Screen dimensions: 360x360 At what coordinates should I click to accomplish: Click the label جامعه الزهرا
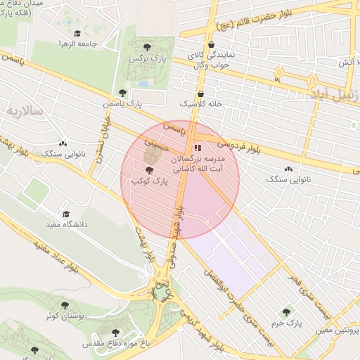[77, 44]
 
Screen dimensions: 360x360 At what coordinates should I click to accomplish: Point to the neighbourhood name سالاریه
[25, 111]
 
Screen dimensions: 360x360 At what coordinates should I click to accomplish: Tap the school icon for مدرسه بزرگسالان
[198, 148]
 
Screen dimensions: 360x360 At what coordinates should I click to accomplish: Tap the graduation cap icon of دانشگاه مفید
[66, 214]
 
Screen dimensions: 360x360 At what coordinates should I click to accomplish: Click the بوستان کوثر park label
[65, 316]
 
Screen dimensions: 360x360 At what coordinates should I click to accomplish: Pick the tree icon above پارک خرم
[286, 311]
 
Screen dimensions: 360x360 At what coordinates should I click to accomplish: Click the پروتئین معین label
[336, 331]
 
